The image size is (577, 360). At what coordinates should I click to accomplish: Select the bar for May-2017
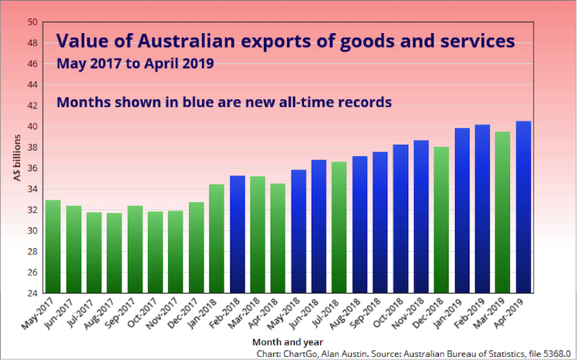53,247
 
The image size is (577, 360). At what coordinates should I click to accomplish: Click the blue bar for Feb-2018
238,234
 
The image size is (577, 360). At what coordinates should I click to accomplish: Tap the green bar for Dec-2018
441,220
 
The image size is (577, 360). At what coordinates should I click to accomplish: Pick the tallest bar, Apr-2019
523,207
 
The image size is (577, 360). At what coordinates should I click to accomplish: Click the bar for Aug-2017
114,253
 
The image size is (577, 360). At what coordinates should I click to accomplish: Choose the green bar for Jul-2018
339,227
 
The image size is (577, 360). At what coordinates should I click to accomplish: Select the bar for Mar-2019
503,212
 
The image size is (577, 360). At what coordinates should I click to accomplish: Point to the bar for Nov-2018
421,217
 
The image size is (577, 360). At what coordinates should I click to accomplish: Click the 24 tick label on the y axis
32,293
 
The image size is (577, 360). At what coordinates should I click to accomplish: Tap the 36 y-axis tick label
32,168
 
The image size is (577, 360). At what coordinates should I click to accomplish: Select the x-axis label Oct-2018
389,312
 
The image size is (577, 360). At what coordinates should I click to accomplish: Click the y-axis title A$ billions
17,158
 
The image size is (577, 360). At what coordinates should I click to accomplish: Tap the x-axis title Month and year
288,342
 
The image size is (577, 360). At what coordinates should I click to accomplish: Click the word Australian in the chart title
186,41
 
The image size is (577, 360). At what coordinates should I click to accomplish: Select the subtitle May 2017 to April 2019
135,64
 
